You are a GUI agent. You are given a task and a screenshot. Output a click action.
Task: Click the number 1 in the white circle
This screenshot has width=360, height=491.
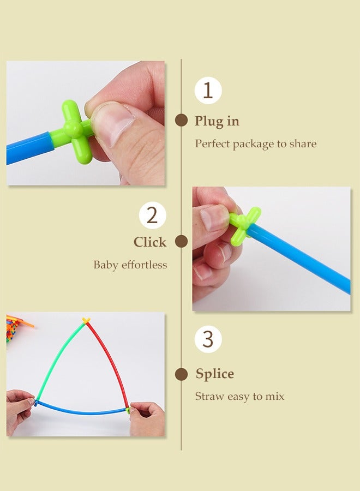coord(208,90)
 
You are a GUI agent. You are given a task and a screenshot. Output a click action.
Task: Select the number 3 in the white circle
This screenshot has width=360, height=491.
coord(208,339)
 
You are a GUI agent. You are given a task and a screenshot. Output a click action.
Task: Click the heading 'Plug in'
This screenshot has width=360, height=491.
coord(217,121)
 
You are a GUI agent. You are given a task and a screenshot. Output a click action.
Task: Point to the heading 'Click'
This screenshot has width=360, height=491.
coord(150,242)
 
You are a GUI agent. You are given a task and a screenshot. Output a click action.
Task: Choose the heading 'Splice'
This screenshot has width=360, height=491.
coord(215,374)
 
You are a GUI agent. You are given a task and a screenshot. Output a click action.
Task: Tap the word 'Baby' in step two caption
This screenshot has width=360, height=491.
coord(105,265)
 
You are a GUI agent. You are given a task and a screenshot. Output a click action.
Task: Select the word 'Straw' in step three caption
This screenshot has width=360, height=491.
coord(209,397)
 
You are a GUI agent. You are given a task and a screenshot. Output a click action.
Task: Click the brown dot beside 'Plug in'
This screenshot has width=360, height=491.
coord(181,121)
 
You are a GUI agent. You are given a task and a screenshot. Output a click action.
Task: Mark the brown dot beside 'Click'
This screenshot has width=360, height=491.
coord(181,242)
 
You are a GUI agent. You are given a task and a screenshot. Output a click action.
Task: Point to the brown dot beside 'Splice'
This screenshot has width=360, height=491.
coord(181,374)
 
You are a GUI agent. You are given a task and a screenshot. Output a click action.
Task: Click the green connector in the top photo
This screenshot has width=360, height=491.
coord(74,131)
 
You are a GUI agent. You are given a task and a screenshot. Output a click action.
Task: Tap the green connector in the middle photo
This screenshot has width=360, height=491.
coord(244,223)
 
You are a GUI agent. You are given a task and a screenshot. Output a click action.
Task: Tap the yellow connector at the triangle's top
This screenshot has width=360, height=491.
coord(86,320)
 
